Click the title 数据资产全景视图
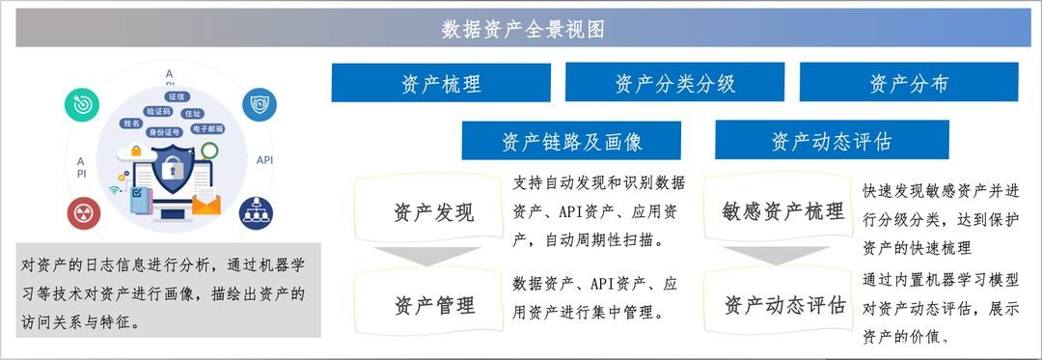(523, 29)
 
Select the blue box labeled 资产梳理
(441, 83)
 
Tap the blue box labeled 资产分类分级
(674, 83)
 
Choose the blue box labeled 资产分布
(909, 83)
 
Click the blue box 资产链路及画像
(572, 141)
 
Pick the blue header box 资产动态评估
(832, 141)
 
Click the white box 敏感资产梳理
(782, 212)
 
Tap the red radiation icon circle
(81, 213)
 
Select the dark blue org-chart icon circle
(258, 209)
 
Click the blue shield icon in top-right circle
(259, 104)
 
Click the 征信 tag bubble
(178, 97)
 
